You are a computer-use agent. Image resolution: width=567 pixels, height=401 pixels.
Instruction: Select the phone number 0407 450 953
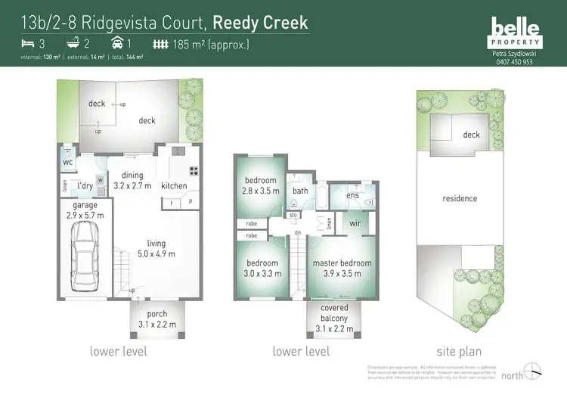point(515,62)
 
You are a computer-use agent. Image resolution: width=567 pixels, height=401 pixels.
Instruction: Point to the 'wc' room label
point(67,163)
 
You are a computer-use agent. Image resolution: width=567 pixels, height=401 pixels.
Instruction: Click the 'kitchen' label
point(175,185)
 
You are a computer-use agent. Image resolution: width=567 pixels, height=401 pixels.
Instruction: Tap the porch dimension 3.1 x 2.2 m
point(158,325)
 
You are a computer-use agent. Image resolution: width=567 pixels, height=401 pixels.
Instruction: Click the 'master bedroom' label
point(342,263)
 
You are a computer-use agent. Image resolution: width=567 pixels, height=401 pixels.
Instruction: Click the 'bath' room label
point(300,191)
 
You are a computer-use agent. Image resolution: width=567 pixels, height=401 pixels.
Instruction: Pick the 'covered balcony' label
point(333,313)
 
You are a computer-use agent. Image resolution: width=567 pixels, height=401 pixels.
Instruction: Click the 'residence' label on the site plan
point(460,198)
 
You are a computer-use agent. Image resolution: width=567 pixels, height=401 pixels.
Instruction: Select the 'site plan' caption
point(459,352)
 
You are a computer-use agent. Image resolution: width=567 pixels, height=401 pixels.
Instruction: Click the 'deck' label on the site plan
point(471,135)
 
